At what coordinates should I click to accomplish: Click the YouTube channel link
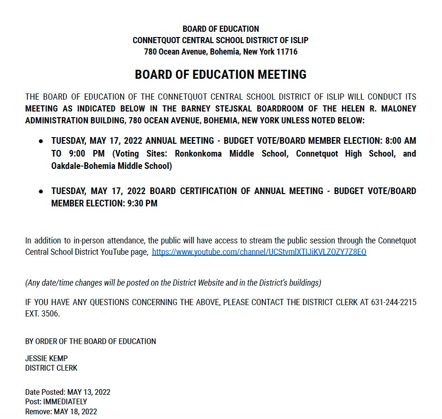coord(259,252)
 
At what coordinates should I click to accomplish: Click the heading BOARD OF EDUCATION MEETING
coord(221,74)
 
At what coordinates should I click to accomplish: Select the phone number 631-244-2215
coord(393,302)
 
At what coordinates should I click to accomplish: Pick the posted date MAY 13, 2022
coord(89,392)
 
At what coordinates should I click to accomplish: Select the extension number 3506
coord(50,314)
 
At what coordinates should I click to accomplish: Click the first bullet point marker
coord(41,141)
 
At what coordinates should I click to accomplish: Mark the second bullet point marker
coord(41,191)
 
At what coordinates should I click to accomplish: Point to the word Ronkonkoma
coord(200,154)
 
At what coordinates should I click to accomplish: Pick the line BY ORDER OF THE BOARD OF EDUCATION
coord(91,341)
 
